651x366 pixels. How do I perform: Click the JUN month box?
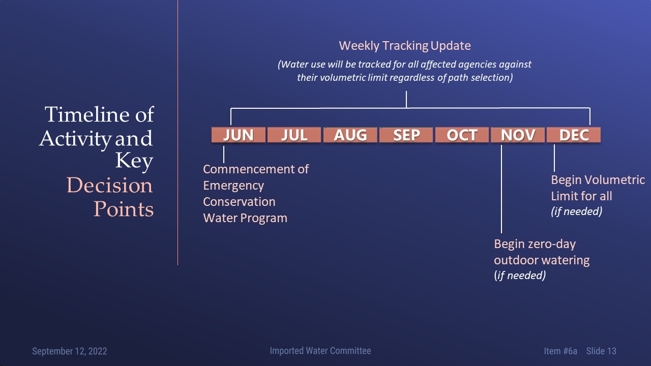(x=239, y=135)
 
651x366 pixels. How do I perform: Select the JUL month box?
(x=294, y=135)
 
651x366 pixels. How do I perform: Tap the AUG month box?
(x=350, y=135)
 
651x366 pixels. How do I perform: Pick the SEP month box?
(x=406, y=135)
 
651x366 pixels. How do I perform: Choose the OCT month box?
(x=462, y=135)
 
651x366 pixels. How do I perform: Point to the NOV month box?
(x=518, y=135)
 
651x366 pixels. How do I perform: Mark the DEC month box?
(x=574, y=135)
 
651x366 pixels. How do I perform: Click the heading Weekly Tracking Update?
(x=405, y=46)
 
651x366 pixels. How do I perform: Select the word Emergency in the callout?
(x=233, y=186)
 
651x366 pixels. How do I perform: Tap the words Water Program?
(x=245, y=218)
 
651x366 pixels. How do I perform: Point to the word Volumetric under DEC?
(x=615, y=180)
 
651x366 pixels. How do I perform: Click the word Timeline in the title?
(x=87, y=114)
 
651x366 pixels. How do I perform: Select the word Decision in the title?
(x=109, y=185)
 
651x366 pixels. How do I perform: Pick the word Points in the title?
(x=124, y=209)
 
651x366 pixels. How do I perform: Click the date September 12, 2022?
(x=70, y=351)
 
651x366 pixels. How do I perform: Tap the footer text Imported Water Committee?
(x=320, y=351)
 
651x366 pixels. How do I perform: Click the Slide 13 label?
(x=601, y=351)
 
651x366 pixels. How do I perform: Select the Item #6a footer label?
(x=560, y=351)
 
